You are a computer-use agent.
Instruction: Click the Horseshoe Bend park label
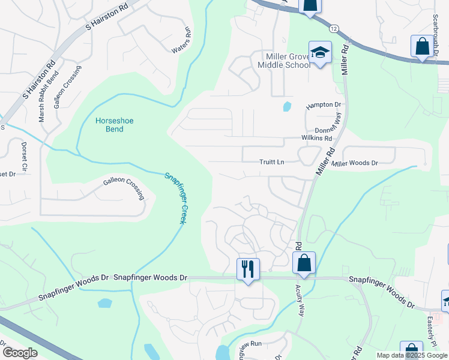coord(115,125)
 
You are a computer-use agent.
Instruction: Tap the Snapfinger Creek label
coord(175,198)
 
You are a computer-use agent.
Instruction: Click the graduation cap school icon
coord(320,52)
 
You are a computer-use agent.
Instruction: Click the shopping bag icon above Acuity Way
coord(304,262)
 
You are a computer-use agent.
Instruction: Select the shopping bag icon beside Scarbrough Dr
coord(421,46)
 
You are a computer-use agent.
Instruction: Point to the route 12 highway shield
coord(334,28)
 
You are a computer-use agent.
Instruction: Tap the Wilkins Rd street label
coord(316,138)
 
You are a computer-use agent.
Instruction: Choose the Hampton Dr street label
coord(324,105)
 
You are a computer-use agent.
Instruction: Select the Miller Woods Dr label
coord(355,163)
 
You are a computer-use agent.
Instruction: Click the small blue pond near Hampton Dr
coord(286,107)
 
